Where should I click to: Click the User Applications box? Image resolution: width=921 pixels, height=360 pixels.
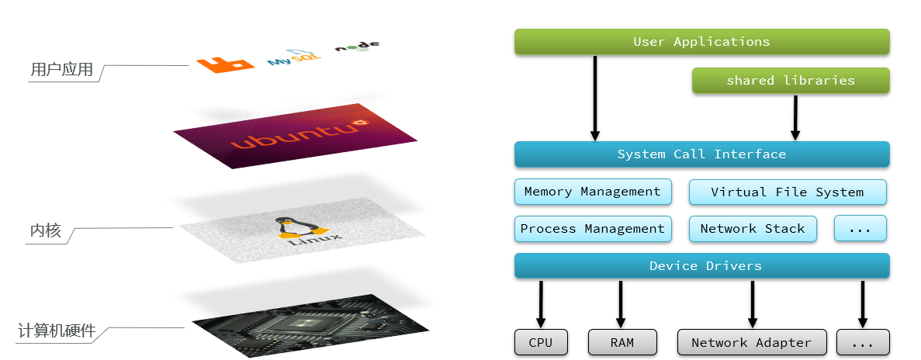point(701,42)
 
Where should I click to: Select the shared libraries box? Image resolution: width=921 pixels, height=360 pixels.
point(790,81)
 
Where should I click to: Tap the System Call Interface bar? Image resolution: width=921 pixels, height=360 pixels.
point(701,154)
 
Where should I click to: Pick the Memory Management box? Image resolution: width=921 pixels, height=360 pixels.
point(592,192)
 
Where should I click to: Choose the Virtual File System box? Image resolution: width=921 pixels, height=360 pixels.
point(787,192)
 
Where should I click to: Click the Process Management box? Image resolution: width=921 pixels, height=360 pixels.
point(592,229)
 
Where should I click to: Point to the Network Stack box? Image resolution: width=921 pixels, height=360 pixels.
point(752,229)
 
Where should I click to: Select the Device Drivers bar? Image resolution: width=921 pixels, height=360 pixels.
point(701,266)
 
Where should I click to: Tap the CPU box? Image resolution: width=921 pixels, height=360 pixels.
point(540,342)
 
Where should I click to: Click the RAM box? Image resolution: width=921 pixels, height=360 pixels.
point(622,342)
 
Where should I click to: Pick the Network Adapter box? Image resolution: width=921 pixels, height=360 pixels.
point(751,342)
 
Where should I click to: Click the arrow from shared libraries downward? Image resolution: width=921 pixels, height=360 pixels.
point(795,117)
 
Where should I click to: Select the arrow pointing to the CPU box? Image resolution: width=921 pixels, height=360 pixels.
point(541,303)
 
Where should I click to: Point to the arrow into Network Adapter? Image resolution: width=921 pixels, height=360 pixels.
point(752,303)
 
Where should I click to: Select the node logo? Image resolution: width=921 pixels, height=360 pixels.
point(357,47)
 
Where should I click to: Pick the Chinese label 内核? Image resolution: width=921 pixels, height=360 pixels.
point(45,231)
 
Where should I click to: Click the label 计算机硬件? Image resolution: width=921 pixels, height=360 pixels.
point(57,331)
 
